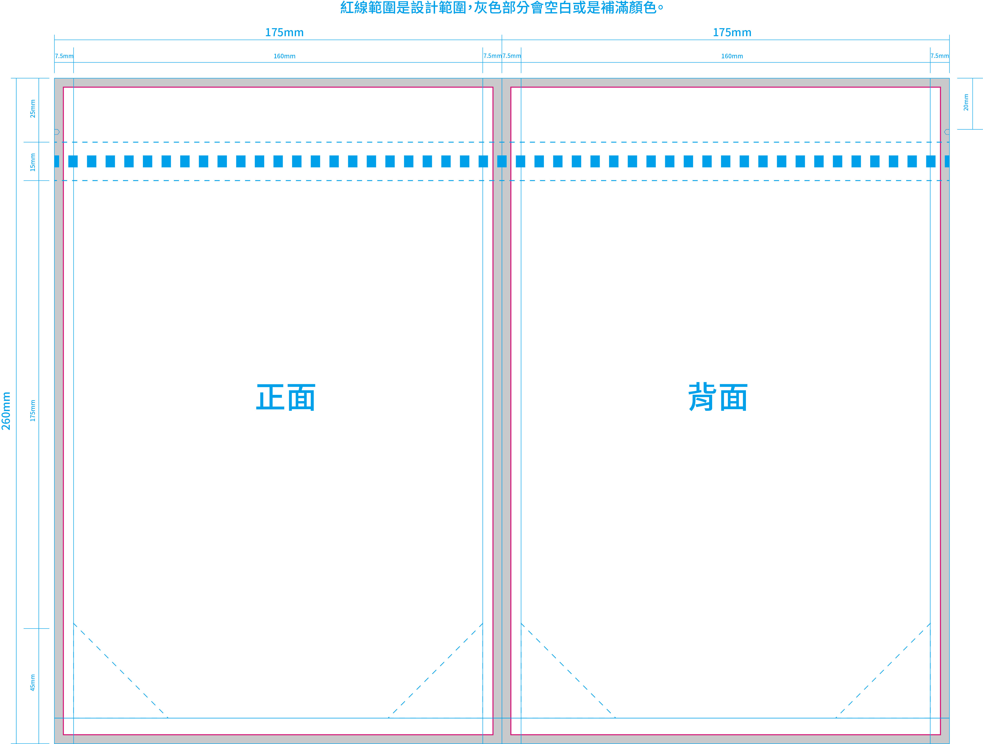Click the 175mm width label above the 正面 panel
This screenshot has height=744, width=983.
point(285,33)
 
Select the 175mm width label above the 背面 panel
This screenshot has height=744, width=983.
point(732,33)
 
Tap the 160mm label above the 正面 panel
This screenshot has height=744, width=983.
point(285,56)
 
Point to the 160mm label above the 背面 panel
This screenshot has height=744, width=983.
point(732,56)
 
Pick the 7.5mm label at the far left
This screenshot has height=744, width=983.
point(64,56)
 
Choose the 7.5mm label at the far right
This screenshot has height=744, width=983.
point(939,56)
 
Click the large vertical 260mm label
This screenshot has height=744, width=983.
point(6,411)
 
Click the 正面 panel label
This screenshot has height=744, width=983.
point(286,397)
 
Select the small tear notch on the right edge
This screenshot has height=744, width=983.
point(947,132)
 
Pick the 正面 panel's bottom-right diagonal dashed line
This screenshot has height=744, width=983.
point(435,671)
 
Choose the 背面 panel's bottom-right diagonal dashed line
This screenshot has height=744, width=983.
point(883,671)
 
